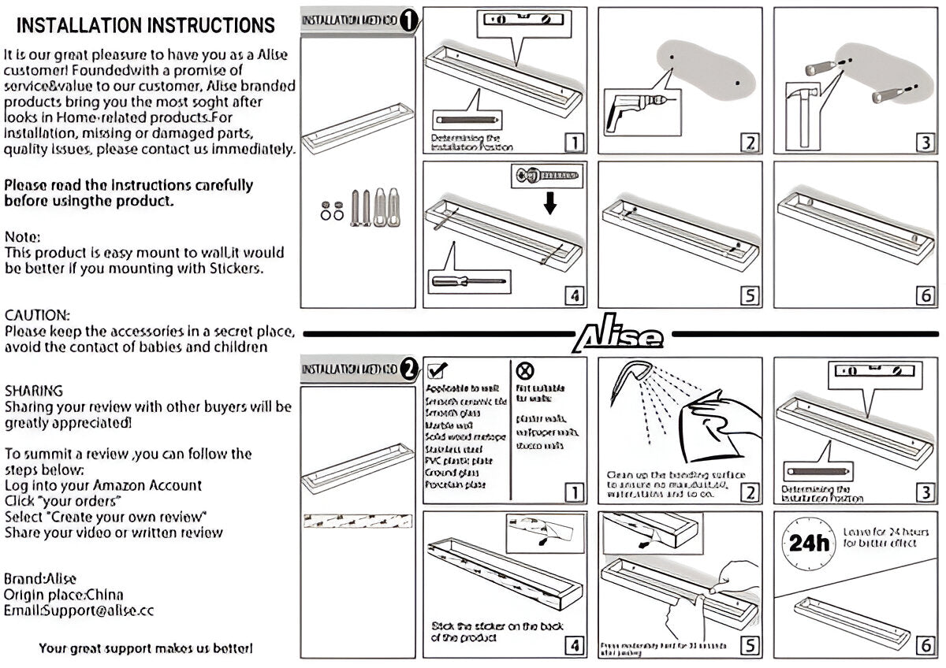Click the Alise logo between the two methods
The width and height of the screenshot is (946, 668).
pos(620,336)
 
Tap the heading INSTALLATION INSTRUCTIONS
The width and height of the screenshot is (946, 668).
pos(146,25)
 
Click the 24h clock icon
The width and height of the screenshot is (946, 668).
pos(808,544)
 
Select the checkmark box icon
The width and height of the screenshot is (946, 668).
pos(436,370)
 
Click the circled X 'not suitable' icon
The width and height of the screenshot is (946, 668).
pos(524,370)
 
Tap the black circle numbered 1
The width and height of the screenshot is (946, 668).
pos(408,20)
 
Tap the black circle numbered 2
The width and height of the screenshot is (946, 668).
pos(408,369)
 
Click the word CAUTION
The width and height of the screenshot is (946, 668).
pos(37,315)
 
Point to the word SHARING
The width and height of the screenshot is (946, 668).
pos(34,391)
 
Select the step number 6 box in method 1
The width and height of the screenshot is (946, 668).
pos(926,295)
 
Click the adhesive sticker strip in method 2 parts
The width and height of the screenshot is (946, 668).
pos(358,521)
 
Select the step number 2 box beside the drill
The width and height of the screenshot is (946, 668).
pos(750,143)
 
